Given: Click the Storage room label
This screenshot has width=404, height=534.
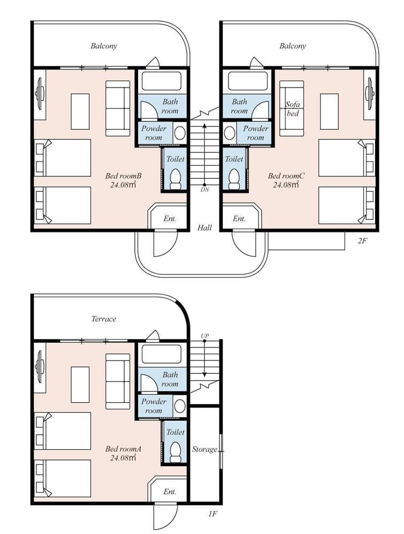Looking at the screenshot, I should pyautogui.click(x=204, y=449).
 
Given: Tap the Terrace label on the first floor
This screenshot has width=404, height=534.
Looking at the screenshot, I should pyautogui.click(x=103, y=319).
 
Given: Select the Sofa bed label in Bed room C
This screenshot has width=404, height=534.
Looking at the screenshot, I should pyautogui.click(x=292, y=109).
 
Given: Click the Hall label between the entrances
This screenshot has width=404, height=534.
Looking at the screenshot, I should pyautogui.click(x=204, y=227).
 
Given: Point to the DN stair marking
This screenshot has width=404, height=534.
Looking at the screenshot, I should pyautogui.click(x=204, y=189).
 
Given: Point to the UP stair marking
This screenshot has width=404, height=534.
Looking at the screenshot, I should pyautogui.click(x=204, y=336).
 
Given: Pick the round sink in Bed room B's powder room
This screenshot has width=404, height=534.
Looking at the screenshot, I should pyautogui.click(x=180, y=133).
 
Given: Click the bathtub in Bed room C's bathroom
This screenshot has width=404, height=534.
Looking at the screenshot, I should pyautogui.click(x=248, y=81).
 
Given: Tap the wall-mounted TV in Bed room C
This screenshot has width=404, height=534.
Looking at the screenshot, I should pyautogui.click(x=369, y=94).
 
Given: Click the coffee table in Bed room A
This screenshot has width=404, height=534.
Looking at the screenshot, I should pyautogui.click(x=80, y=384).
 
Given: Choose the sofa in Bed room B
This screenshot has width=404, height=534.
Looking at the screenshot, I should pyautogui.click(x=118, y=108).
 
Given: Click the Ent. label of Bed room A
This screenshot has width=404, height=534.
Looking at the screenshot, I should pyautogui.click(x=170, y=491).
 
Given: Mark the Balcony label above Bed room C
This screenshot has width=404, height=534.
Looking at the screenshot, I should pyautogui.click(x=293, y=46).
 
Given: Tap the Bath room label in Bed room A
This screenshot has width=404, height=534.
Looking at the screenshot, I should pyautogui.click(x=170, y=379).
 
